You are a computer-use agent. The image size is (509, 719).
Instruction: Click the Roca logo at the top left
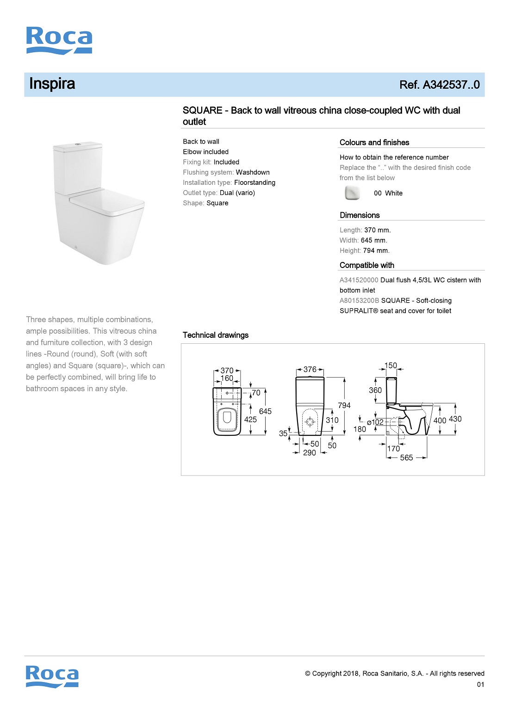[x=59, y=40]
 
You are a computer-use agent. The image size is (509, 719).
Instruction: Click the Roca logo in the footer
[x=52, y=676]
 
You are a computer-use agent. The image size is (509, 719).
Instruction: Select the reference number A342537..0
[x=439, y=85]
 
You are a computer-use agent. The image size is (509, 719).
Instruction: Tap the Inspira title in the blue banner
[x=52, y=84]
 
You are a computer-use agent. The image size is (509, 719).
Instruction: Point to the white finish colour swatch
[x=352, y=193]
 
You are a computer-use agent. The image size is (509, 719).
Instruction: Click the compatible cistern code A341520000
[x=359, y=280]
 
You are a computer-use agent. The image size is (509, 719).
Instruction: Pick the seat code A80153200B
[x=359, y=300]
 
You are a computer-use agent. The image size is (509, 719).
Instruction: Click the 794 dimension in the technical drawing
[x=344, y=405]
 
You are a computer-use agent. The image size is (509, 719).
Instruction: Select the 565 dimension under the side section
[x=406, y=457]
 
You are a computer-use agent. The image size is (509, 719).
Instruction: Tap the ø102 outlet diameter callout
[x=375, y=422]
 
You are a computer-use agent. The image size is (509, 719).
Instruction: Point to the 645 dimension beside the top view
[x=265, y=411]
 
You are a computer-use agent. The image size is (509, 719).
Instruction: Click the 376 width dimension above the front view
[x=310, y=370]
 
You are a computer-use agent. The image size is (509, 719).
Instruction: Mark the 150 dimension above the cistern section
[x=391, y=366]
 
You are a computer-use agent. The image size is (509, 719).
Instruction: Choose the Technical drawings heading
[x=216, y=335]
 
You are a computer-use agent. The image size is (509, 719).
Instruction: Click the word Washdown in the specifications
[x=253, y=172]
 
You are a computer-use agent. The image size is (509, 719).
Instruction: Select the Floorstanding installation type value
[x=254, y=183]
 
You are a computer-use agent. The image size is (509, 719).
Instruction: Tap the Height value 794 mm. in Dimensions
[x=376, y=250]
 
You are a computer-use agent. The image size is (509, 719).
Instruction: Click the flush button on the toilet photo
[x=78, y=145]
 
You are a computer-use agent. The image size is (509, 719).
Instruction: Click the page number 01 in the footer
[x=480, y=684]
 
